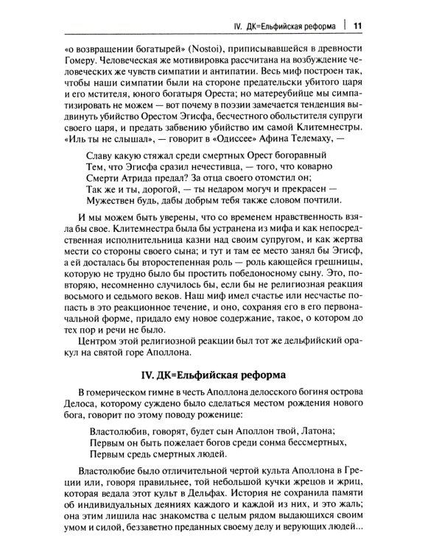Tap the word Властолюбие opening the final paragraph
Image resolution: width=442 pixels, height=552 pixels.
tap(118, 470)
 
